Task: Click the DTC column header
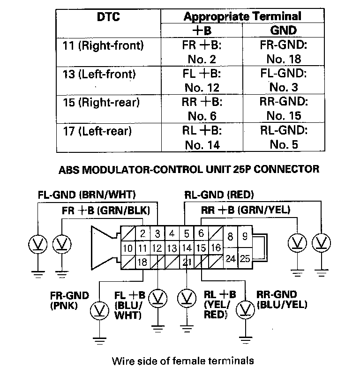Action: [109, 17]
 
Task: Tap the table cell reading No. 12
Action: [202, 88]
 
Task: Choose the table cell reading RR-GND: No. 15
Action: [283, 109]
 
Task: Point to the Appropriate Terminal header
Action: [242, 16]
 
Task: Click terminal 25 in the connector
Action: [245, 258]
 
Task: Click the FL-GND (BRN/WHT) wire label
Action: [83, 195]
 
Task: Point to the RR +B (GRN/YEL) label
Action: [246, 211]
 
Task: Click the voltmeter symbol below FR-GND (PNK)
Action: [99, 310]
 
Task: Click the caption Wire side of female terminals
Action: [183, 361]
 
